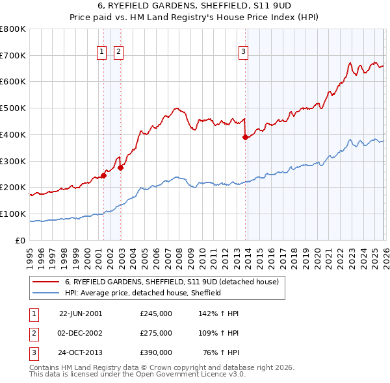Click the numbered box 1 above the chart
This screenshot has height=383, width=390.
point(103,53)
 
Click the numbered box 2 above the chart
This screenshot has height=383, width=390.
point(120,53)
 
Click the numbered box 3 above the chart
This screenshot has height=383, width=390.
point(243,53)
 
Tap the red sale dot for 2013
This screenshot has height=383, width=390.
point(245,137)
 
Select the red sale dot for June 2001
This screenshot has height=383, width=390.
point(103,175)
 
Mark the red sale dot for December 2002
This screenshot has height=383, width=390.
point(120,167)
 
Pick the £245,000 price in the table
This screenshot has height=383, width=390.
point(155,314)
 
